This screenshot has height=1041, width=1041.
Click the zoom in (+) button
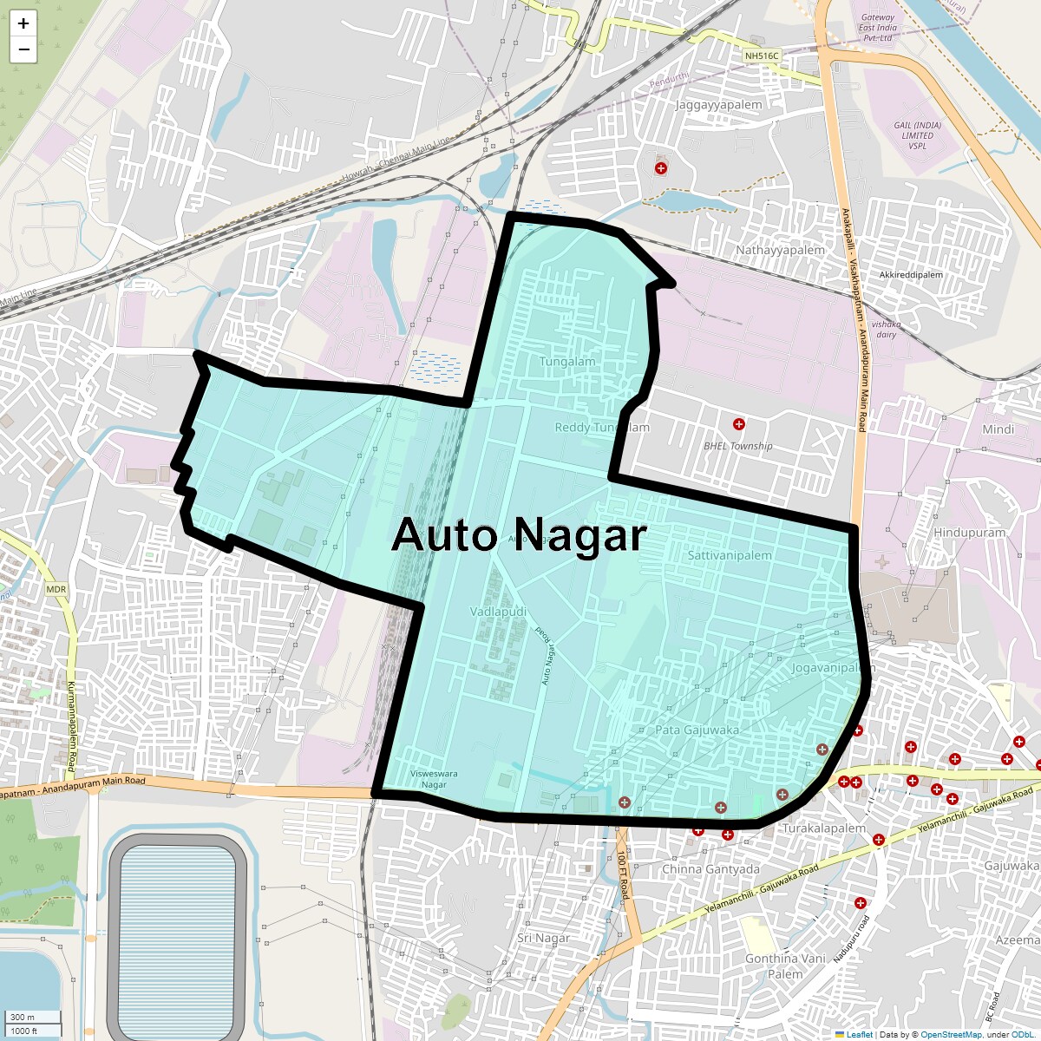tap(23, 23)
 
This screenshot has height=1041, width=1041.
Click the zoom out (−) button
tap(23, 49)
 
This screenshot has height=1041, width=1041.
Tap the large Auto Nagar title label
tap(519, 535)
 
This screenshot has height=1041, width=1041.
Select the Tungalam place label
tap(567, 362)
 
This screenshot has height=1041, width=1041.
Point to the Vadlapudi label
tap(498, 612)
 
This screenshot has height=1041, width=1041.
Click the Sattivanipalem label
tap(729, 555)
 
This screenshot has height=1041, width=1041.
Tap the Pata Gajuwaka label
tap(697, 730)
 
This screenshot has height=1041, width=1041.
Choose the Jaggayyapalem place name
tap(718, 105)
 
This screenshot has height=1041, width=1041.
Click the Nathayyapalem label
tap(780, 250)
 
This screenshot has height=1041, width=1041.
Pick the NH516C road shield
tap(763, 56)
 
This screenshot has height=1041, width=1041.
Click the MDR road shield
tap(56, 589)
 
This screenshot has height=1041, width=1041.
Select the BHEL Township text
tap(737, 446)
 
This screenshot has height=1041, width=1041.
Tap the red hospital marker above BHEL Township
tap(739, 424)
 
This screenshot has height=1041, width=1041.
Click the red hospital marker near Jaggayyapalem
tap(661, 167)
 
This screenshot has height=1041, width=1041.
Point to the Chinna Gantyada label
tap(710, 869)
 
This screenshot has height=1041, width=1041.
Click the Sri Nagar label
tap(543, 938)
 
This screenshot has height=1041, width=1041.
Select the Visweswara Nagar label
tap(434, 778)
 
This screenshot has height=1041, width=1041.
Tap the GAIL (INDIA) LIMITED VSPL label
tap(917, 135)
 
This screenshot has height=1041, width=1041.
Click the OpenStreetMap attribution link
tap(951, 1034)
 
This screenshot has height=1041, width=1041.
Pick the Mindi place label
tap(998, 429)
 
